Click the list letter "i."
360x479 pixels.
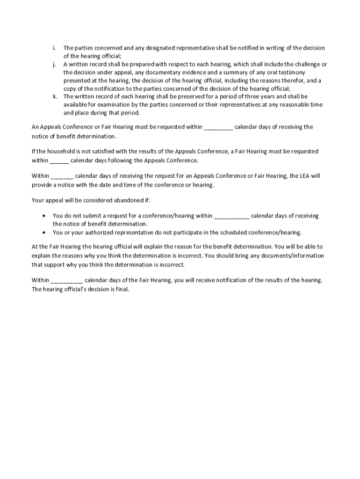[x=54, y=48]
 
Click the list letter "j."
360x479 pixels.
[x=54, y=64]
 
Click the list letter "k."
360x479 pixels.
[x=55, y=97]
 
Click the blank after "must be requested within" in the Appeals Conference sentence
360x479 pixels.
[x=218, y=127]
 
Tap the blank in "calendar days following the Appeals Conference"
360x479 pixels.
[x=59, y=160]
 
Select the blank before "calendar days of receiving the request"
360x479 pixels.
[x=62, y=176]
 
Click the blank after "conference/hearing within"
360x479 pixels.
[x=231, y=216]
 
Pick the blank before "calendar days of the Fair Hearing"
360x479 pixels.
[x=66, y=281]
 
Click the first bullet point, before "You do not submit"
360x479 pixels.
[x=44, y=216]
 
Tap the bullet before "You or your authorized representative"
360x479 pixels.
[x=44, y=232]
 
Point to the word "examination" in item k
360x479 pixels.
[x=105, y=105]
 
